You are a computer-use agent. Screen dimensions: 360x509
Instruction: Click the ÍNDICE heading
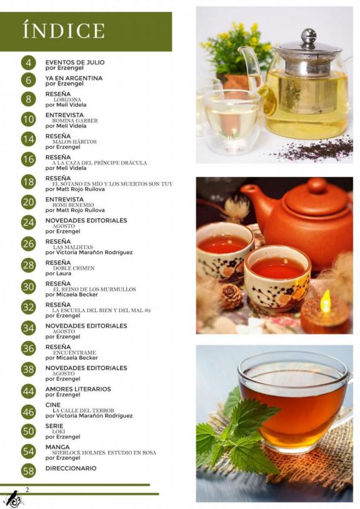coord(64,30)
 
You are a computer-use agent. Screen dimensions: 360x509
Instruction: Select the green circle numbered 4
coord(29,63)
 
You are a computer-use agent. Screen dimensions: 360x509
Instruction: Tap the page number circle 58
coord(29,470)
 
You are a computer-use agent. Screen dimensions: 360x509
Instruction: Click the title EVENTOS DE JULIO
coord(75,63)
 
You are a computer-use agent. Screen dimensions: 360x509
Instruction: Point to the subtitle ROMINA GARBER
coord(75,121)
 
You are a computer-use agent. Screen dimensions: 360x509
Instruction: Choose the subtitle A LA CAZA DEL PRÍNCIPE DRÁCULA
coord(99,163)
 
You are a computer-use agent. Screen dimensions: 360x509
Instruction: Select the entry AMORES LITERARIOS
coord(78,389)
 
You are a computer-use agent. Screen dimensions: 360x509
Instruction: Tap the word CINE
coord(53,405)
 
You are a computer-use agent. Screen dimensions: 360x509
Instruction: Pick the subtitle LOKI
coord(59,431)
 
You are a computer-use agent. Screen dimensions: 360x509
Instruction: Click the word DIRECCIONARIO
coord(71,468)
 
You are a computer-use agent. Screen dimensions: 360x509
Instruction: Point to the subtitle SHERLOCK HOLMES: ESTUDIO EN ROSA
coord(104,453)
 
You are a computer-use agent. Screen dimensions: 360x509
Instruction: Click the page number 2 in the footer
coord(27,490)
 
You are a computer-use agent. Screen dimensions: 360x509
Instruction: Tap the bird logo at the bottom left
coord(14,499)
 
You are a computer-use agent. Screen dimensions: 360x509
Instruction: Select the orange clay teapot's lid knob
coord(317,185)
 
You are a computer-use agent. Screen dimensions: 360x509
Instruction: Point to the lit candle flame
coord(325,301)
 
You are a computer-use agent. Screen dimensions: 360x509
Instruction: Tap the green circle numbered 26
coord(29,244)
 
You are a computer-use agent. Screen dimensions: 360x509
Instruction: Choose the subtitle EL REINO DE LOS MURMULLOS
coord(95,290)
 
